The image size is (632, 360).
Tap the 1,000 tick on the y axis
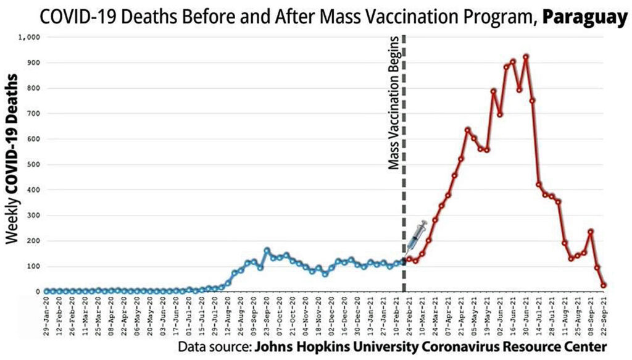(x=30, y=37)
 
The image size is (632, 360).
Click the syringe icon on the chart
(x=415, y=235)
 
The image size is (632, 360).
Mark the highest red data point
(x=526, y=57)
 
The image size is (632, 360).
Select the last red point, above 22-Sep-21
(x=604, y=285)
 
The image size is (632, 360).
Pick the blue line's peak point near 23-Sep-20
(x=267, y=251)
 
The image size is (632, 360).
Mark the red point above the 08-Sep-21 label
(x=591, y=232)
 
